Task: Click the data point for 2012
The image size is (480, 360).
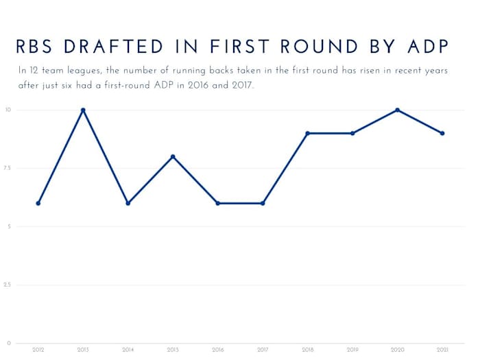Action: click(x=38, y=203)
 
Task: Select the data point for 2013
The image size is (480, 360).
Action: click(x=83, y=110)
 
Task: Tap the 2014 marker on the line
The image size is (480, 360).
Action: click(x=128, y=203)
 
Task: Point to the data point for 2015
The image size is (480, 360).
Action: click(x=173, y=156)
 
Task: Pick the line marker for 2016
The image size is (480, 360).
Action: click(x=218, y=203)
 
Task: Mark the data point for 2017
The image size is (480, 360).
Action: click(x=263, y=203)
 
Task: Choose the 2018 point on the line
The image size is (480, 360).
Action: click(x=308, y=133)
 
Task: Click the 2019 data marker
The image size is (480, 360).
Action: click(x=352, y=133)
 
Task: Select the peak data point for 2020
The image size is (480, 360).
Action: click(x=398, y=110)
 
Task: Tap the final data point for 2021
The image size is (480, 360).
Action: click(x=442, y=133)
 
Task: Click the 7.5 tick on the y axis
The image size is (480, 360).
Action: click(x=8, y=168)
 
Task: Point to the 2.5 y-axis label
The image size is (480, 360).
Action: click(x=8, y=285)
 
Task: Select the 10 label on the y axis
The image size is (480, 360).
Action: click(x=8, y=110)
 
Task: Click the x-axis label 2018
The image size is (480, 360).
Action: click(x=308, y=350)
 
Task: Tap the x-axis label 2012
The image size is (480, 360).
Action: click(x=38, y=350)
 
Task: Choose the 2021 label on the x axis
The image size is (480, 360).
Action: click(x=442, y=350)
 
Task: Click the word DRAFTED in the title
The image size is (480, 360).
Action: click(x=116, y=47)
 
